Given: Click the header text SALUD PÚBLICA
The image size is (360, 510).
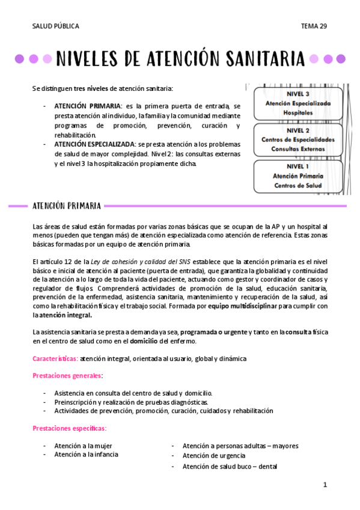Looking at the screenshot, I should pos(55,26).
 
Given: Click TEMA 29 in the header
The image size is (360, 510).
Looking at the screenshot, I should pos(314,26).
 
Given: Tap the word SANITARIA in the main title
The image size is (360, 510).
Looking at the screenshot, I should pos(265,59).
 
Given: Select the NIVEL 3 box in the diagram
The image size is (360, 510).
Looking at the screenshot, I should pos(298,103).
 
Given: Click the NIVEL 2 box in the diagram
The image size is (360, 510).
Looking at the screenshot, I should pos(298,139).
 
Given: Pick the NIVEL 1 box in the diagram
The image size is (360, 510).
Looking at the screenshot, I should pos(298,176).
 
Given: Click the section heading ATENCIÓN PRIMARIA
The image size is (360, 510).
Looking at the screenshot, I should pos(66,206).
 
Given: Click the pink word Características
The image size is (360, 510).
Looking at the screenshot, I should pos(55,358).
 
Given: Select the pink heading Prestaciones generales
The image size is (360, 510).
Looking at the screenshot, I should pos(67,376).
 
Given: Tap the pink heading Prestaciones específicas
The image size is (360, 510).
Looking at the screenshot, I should pos(69,428).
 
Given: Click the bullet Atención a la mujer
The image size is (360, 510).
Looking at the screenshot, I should pos(83,446).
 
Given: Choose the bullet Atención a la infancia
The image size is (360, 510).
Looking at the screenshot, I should pos(86,455).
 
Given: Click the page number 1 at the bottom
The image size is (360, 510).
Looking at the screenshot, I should pos(325,484).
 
